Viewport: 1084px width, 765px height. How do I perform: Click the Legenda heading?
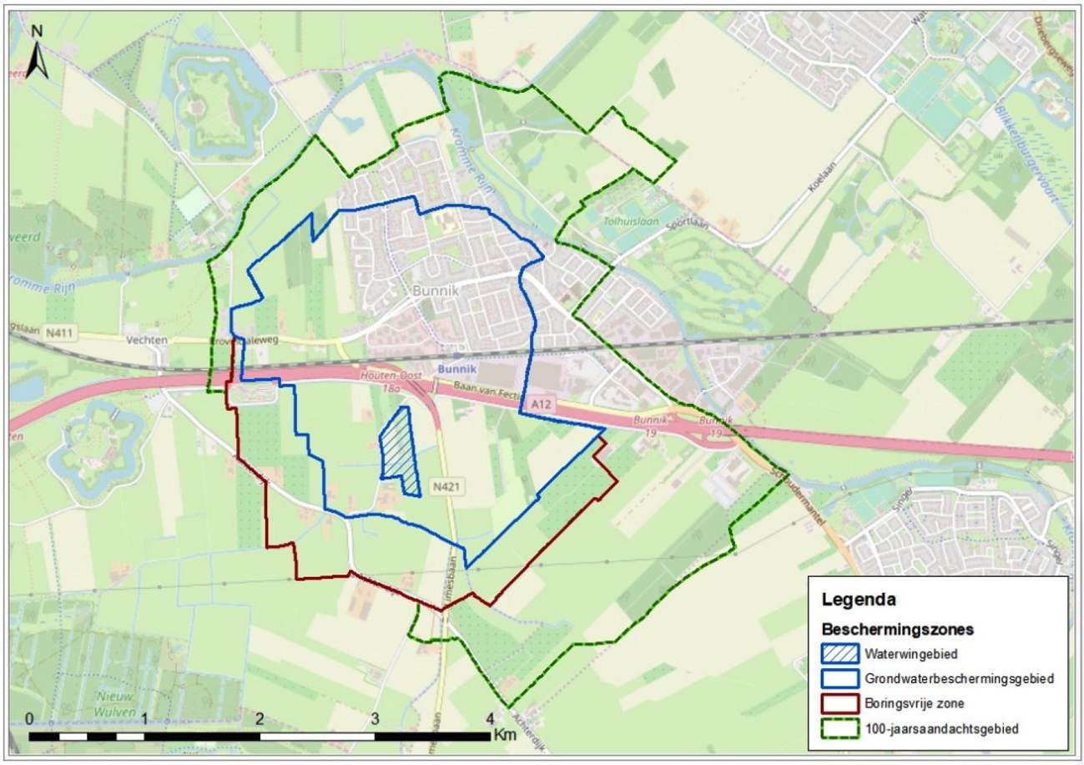coord(859,600)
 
